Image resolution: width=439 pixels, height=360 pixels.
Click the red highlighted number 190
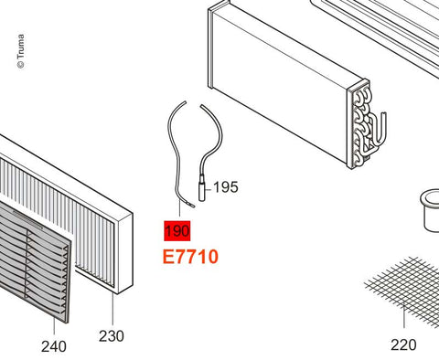(x=177, y=231)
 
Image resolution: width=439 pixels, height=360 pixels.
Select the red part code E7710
(x=190, y=257)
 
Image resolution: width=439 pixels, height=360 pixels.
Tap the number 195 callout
(x=226, y=187)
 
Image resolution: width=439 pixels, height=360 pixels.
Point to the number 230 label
(x=112, y=336)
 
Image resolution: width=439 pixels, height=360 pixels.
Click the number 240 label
(x=54, y=346)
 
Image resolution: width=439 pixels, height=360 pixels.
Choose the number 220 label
(x=403, y=344)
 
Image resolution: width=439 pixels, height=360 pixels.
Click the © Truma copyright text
(x=21, y=51)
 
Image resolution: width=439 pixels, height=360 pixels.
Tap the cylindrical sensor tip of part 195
(x=203, y=188)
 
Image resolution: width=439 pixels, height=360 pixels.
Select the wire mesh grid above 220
(x=405, y=290)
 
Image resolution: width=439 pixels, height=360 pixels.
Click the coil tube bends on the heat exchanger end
(x=361, y=125)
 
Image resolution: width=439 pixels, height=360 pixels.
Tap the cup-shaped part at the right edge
(x=431, y=210)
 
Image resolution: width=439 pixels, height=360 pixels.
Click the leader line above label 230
(x=112, y=309)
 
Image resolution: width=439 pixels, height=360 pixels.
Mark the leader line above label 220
(x=403, y=316)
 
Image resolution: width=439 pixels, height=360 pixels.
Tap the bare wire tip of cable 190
(x=191, y=206)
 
